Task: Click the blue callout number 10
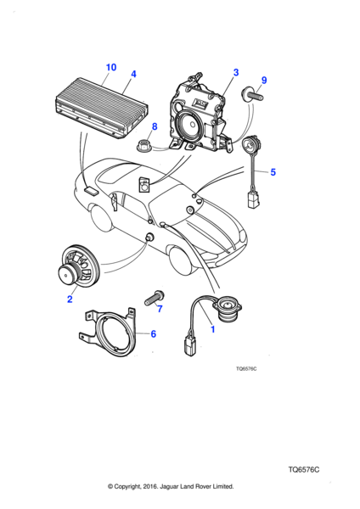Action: coord(111,67)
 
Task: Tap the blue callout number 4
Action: coord(133,74)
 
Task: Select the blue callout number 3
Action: coord(236,72)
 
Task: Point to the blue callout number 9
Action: coord(264,81)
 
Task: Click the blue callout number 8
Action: coord(155,126)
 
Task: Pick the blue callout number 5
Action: coord(273,172)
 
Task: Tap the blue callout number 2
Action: coord(70,299)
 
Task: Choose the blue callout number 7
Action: coord(160,309)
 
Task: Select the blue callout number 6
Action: coord(154,333)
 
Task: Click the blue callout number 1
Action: coord(213,329)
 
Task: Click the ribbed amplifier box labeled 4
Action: coord(102,108)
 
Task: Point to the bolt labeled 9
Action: coord(252,94)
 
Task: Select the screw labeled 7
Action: coord(154,298)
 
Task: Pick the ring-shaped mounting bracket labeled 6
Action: coord(108,332)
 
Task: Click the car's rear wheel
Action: coord(102,217)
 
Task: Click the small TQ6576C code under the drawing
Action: coord(246,369)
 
